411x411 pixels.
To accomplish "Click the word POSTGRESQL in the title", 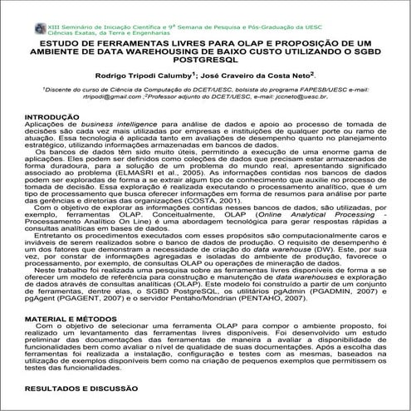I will point(206,59).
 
